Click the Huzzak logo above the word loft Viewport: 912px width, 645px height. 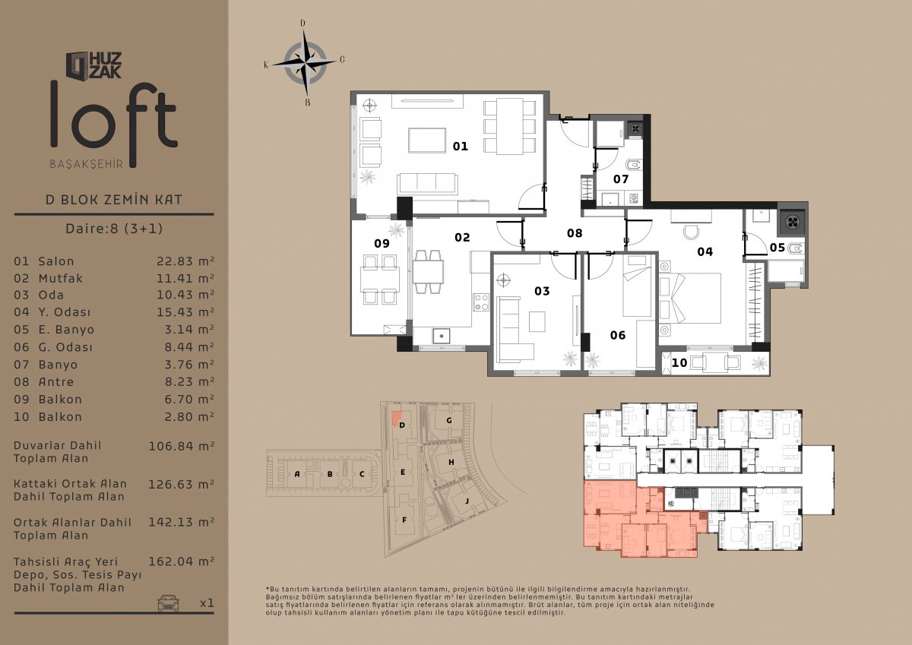pyautogui.click(x=93, y=65)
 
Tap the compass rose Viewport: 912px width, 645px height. pyautogui.click(x=306, y=63)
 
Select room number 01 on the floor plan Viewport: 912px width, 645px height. pyautogui.click(x=461, y=146)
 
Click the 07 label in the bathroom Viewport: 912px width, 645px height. pyautogui.click(x=621, y=179)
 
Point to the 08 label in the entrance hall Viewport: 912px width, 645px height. pyautogui.click(x=575, y=233)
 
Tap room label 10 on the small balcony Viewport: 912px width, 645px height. pyautogui.click(x=679, y=362)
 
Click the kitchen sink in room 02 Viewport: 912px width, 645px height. pyautogui.click(x=442, y=336)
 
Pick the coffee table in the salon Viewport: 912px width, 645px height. pyautogui.click(x=427, y=141)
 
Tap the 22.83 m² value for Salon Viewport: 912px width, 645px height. pyautogui.click(x=185, y=261)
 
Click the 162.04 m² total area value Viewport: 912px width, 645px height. pyautogui.click(x=181, y=561)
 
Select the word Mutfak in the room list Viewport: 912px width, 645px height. pyautogui.click(x=60, y=278)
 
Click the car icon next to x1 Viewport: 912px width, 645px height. pyautogui.click(x=168, y=602)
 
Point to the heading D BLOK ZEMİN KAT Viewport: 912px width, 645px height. pyautogui.click(x=114, y=199)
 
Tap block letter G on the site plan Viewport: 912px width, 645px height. pyautogui.click(x=449, y=420)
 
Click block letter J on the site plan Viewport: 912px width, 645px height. pyautogui.click(x=467, y=501)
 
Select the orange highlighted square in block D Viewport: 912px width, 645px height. pyautogui.click(x=396, y=418)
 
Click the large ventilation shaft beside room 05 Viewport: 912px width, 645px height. pyautogui.click(x=793, y=222)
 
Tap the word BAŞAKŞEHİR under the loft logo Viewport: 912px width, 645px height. pyautogui.click(x=87, y=164)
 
